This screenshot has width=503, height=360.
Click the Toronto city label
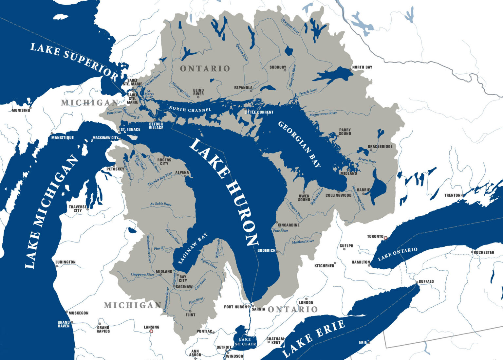[x=375, y=236]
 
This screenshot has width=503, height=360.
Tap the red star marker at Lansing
[x=151, y=332]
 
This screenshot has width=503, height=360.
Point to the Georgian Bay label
[x=299, y=144]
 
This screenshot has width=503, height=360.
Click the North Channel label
[x=190, y=109]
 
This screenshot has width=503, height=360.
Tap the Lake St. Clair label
[x=245, y=342]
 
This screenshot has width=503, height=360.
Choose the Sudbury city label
[x=278, y=67]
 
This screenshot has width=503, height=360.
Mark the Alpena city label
[x=182, y=172]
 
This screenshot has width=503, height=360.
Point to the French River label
[x=308, y=92]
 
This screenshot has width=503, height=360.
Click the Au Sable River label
[x=161, y=204]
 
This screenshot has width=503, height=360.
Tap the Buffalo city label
[x=426, y=281]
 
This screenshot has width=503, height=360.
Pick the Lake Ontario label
[x=398, y=254]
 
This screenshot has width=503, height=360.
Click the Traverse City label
[x=78, y=208]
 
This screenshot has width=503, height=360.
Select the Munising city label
[x=21, y=110]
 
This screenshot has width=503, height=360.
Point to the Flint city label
[x=190, y=315]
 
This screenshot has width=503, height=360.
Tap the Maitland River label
[x=303, y=242]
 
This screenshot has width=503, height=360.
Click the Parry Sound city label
[x=345, y=132]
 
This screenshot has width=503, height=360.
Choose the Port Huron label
[x=235, y=307]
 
